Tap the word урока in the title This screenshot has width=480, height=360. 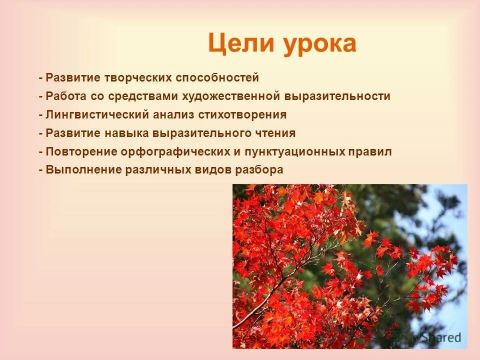pos(320,43)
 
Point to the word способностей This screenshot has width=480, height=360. pos(217,77)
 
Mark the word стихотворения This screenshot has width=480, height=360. pos(242,114)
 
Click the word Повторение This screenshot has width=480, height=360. pos(74,151)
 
